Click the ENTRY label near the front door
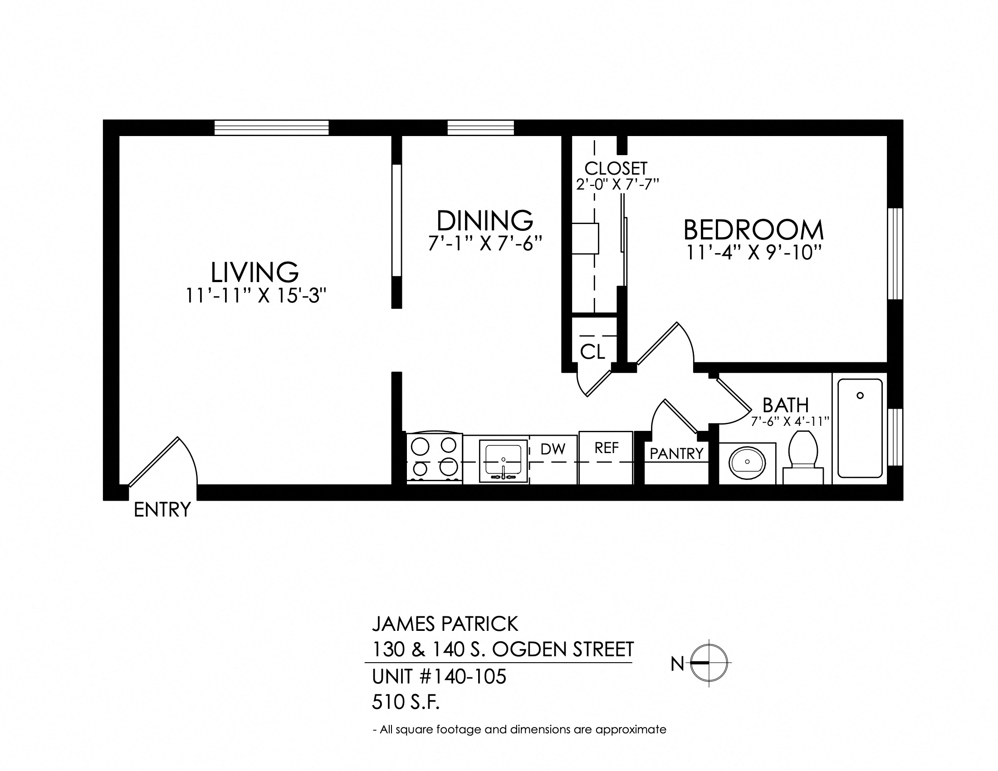click(x=162, y=509)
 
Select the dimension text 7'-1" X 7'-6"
click(x=485, y=244)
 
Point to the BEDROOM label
click(x=753, y=230)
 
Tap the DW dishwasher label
click(x=553, y=449)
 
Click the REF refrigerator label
click(x=607, y=448)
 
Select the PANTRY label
click(x=676, y=454)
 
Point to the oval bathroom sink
click(x=747, y=462)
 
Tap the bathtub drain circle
click(x=860, y=395)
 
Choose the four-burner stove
click(x=434, y=458)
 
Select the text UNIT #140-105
click(x=439, y=677)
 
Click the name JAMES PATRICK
click(x=445, y=624)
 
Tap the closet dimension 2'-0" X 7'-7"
click(x=617, y=185)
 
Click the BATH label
click(x=786, y=405)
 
